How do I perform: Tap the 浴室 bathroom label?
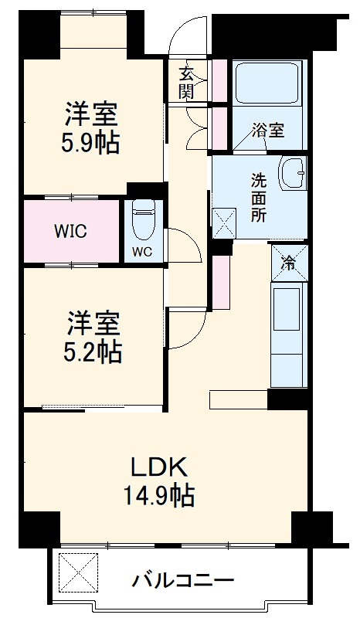point(269,131)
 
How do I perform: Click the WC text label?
point(141,251)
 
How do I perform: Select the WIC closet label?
point(70,231)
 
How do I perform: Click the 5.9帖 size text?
point(91,143)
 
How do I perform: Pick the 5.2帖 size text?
point(91,351)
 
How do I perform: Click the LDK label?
point(158,467)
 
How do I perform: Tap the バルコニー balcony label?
point(182,579)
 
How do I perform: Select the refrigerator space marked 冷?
point(289,263)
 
